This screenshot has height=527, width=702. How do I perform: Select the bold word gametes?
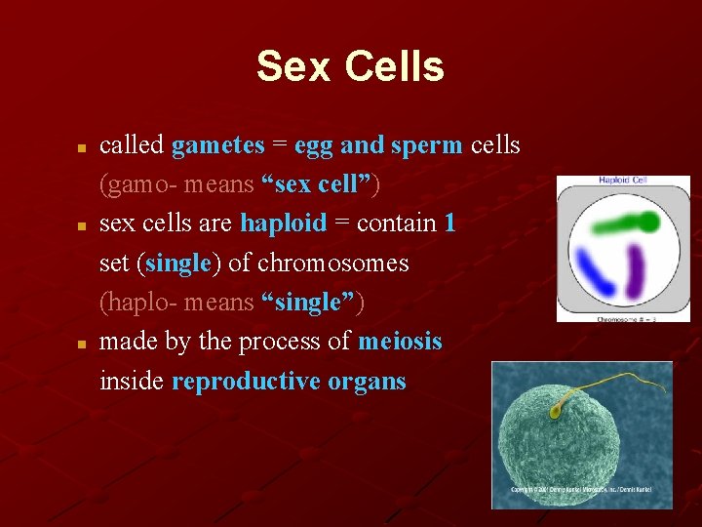217,145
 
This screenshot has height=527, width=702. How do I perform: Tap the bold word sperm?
426,145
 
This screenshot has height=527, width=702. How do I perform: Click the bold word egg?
313,146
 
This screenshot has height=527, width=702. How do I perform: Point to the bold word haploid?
283,223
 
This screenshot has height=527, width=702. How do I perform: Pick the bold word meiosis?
400,342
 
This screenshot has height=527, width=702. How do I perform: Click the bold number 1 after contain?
448,223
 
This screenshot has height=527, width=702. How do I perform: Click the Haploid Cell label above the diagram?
623,181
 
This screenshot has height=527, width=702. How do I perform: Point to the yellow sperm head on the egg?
555,412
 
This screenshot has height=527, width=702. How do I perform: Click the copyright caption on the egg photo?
581,489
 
